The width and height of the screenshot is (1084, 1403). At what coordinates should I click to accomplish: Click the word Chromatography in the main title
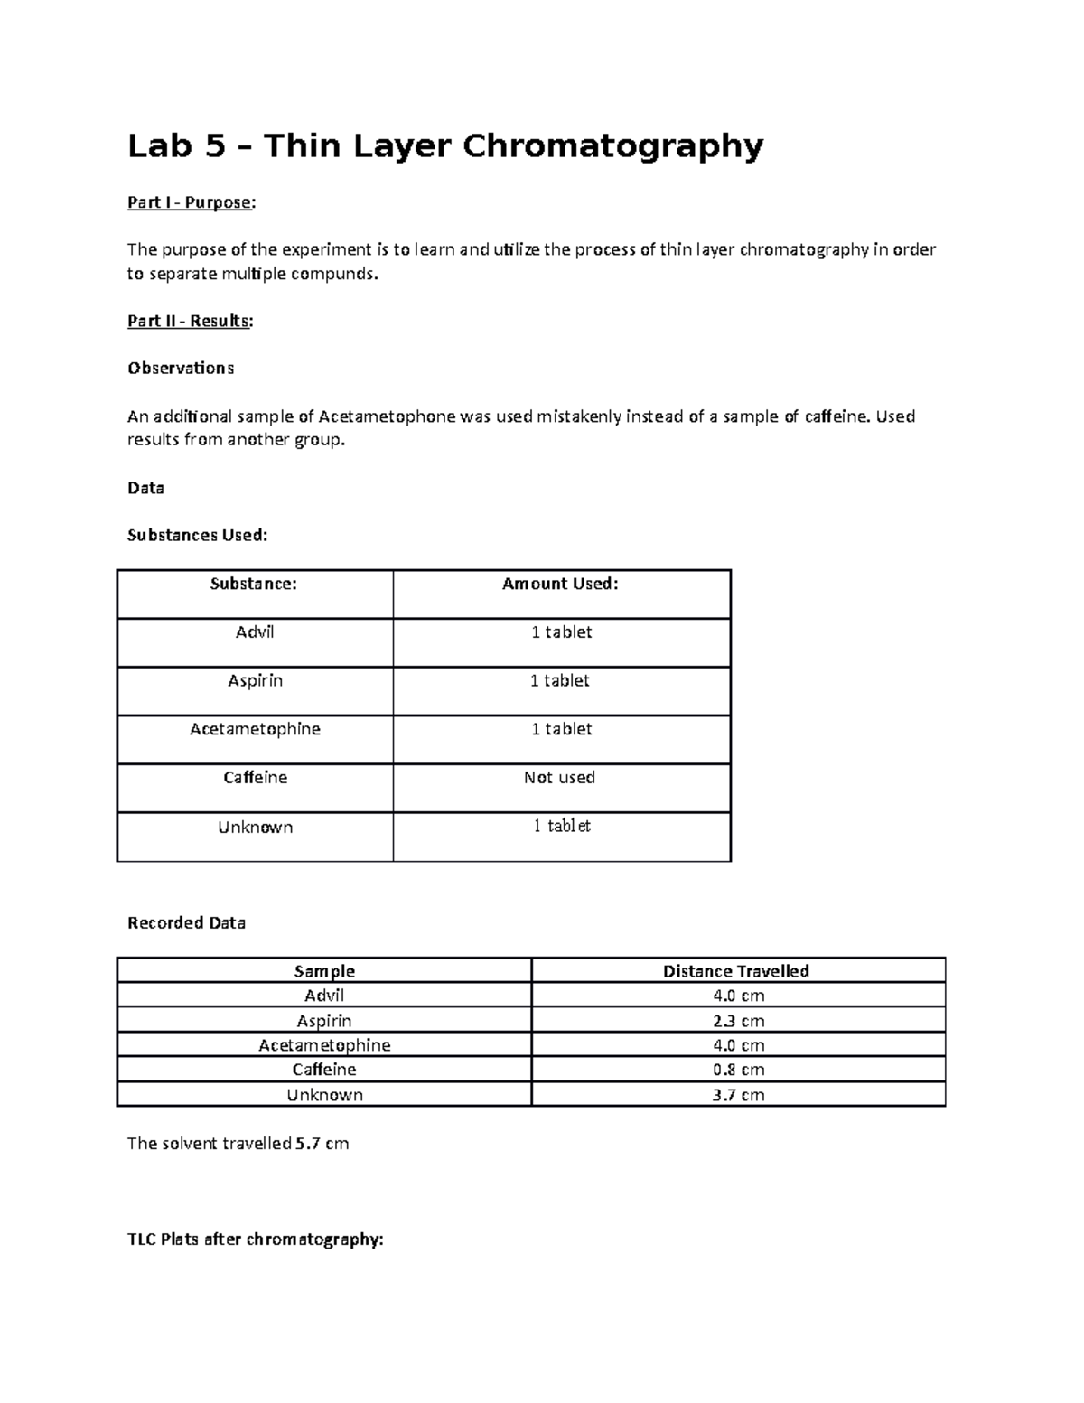[x=613, y=145]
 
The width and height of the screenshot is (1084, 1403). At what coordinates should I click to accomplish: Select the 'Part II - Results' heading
[x=190, y=321]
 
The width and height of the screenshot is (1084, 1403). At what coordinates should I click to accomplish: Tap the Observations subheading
[x=181, y=368]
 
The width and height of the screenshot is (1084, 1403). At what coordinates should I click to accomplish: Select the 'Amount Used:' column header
[x=560, y=584]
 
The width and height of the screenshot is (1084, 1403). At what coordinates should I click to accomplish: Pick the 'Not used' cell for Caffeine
[x=559, y=777]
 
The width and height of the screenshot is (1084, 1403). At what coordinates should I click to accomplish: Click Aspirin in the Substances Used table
[x=255, y=680]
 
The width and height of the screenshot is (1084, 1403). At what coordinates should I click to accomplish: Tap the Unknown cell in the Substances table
[x=255, y=827]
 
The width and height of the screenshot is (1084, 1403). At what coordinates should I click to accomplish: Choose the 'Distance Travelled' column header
[x=735, y=971]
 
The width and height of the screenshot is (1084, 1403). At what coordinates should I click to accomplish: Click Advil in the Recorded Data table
[x=324, y=996]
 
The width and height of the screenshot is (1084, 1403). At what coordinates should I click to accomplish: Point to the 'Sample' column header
[x=324, y=971]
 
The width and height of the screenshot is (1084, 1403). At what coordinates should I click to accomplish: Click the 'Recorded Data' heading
[x=186, y=923]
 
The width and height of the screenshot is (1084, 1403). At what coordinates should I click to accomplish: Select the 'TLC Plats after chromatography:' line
[x=256, y=1239]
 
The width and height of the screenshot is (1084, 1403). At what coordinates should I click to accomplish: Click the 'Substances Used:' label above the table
[x=197, y=535]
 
